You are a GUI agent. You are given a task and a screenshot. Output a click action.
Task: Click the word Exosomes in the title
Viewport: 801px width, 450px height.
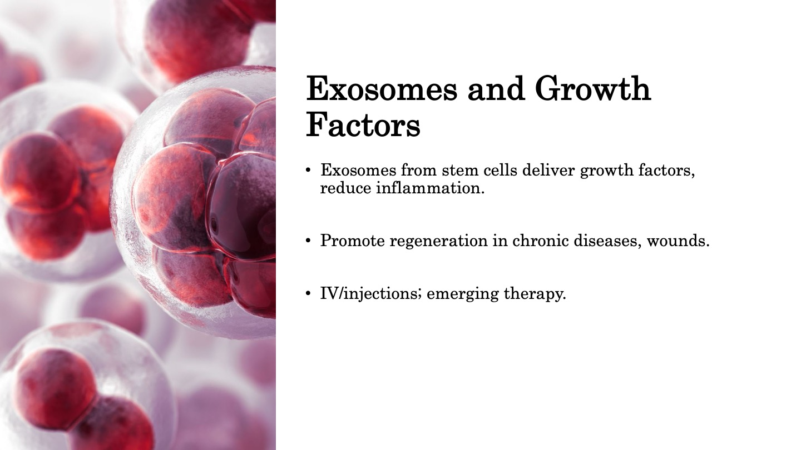(x=382, y=88)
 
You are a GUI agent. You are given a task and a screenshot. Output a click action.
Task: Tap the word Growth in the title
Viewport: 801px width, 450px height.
(x=593, y=88)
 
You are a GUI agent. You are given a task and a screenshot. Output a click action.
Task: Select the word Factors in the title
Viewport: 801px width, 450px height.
(x=363, y=125)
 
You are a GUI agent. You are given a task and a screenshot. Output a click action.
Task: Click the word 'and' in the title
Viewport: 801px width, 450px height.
(x=496, y=88)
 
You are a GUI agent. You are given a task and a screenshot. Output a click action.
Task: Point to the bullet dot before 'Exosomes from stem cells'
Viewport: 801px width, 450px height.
(x=308, y=171)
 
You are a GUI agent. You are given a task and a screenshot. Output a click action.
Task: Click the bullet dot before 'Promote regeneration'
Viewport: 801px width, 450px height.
(x=308, y=241)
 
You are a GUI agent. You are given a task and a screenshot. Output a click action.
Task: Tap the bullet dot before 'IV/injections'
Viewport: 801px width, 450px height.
(x=308, y=294)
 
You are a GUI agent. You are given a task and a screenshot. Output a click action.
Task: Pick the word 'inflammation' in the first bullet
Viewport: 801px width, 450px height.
(x=430, y=188)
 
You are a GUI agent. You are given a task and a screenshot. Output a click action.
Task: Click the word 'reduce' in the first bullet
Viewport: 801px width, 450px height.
(x=346, y=188)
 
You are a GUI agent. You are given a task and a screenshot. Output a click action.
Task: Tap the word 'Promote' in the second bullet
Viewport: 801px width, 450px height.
(x=353, y=241)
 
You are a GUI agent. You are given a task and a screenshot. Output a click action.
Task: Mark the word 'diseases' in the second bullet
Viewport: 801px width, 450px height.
(x=607, y=241)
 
